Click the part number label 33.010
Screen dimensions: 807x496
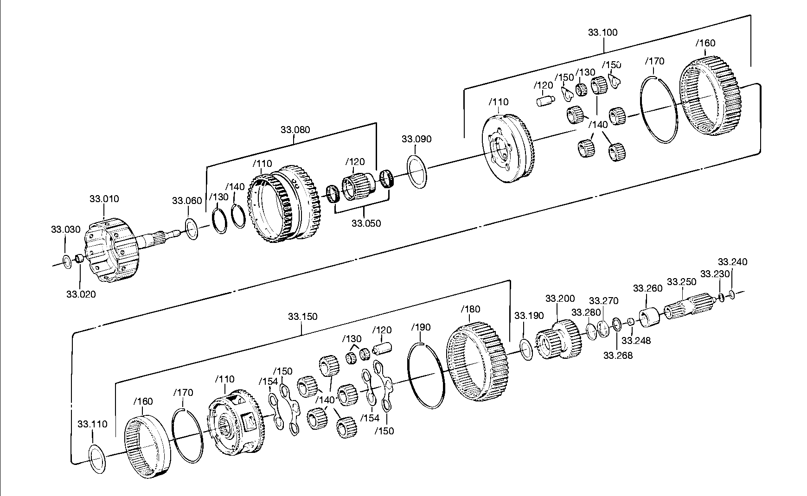click(104, 199)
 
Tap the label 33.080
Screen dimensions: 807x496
click(295, 130)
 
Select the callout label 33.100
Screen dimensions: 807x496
click(602, 32)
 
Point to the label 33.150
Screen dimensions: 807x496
click(302, 317)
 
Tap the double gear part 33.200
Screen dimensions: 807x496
click(558, 340)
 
